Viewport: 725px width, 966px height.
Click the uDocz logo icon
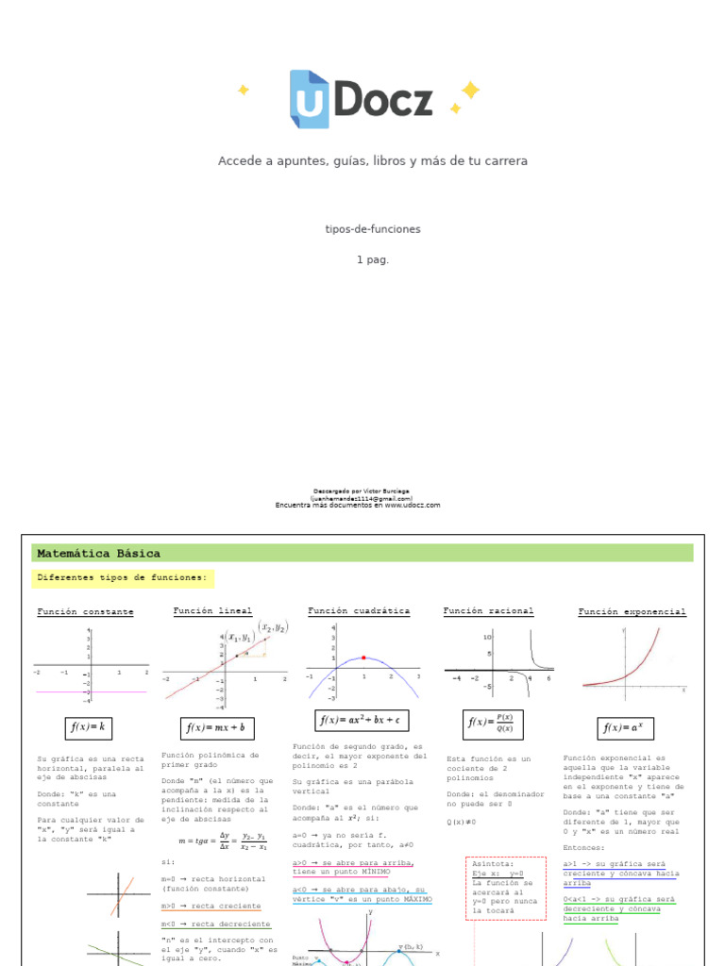[309, 99]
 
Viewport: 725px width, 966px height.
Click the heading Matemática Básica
[98, 554]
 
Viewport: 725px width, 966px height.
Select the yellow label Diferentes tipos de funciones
[122, 577]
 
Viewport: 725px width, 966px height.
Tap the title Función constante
[85, 612]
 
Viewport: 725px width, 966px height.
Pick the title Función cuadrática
[359, 611]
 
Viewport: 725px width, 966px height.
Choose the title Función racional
[488, 611]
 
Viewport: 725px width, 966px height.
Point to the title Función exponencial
[632, 612]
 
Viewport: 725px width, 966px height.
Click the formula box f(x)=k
[89, 727]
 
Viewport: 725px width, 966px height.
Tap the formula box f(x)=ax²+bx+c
[360, 720]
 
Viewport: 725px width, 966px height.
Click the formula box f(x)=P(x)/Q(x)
[491, 724]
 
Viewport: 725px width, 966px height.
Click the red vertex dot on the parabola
[363, 658]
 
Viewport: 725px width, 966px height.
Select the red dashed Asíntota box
[506, 888]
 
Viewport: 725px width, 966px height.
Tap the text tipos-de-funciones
[373, 229]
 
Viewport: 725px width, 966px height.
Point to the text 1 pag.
[373, 259]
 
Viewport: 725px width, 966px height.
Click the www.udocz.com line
[358, 506]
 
